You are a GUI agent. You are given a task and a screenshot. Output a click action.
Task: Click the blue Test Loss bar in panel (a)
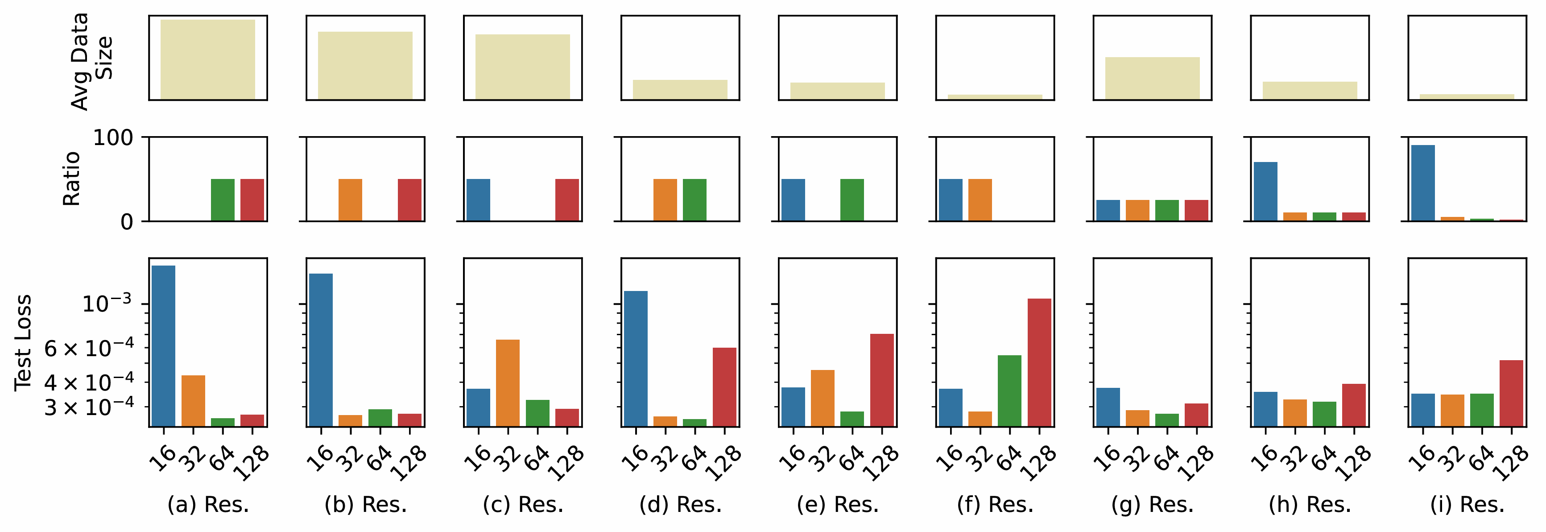coord(163,346)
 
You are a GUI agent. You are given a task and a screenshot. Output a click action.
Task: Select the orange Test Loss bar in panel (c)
coord(508,383)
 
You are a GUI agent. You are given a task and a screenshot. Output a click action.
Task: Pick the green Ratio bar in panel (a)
coord(223,200)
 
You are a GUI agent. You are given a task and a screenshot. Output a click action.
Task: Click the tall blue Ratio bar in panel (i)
coord(1422,183)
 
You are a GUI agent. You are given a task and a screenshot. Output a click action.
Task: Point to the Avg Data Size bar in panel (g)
coord(1152,78)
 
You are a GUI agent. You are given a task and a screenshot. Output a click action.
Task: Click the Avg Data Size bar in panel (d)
coord(680,89)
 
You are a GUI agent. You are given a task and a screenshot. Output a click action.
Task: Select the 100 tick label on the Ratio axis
coord(113,137)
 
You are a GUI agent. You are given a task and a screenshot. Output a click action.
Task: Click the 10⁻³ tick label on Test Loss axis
coord(106,303)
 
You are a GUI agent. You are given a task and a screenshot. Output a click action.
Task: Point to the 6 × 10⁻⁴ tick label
coord(89,348)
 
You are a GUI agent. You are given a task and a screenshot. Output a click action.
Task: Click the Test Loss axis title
coord(23,343)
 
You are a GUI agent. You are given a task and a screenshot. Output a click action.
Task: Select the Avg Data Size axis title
coord(91,60)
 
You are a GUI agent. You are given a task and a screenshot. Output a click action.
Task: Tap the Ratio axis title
coord(71,179)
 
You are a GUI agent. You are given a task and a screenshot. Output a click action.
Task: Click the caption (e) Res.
coord(837,505)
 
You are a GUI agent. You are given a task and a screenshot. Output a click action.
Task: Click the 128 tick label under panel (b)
coord(408,464)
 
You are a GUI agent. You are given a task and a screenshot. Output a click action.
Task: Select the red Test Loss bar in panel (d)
coord(724,387)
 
